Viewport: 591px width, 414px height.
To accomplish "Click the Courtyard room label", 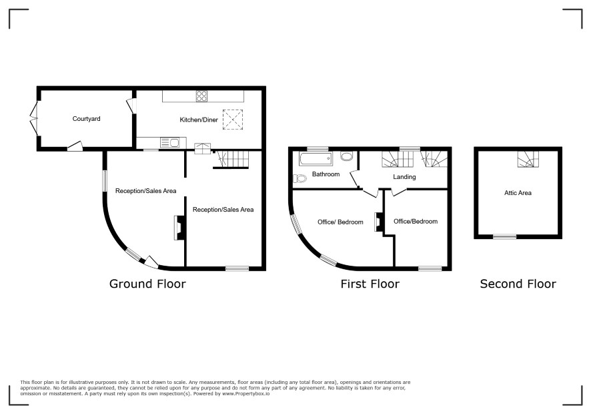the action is point(86,119).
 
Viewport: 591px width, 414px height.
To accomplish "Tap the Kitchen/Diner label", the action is point(199,120).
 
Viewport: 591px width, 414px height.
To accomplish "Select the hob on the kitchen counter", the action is point(201,96).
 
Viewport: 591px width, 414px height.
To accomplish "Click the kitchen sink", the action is point(169,143).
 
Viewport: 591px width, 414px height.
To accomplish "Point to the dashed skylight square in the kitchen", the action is point(233,120).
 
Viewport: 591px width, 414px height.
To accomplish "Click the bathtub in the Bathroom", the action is point(316,159).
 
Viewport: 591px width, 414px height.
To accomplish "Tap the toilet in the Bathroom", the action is point(300,178).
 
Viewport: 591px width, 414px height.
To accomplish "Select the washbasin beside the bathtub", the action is point(346,156).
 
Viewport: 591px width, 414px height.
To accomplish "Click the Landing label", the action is point(404,177).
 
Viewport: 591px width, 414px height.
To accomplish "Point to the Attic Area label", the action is point(518,193).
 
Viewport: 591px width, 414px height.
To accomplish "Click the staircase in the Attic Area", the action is point(528,160).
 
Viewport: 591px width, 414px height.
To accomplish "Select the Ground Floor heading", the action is point(147,284).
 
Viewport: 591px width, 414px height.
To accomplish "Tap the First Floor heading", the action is point(370,284).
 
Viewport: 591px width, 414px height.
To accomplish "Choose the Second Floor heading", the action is point(518,284).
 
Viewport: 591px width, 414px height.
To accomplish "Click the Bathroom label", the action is point(326,174).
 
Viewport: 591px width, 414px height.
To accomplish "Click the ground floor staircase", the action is point(233,160).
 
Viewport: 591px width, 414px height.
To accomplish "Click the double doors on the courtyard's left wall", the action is point(34,118).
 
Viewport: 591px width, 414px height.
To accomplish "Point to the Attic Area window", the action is point(505,236).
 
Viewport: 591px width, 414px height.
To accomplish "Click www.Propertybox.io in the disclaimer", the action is point(245,393).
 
